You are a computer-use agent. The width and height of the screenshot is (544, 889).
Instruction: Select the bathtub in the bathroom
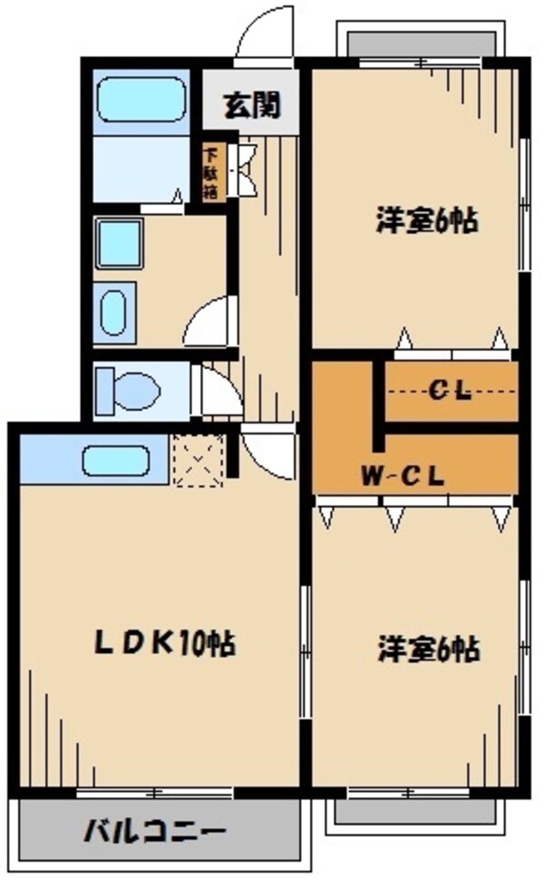(141, 101)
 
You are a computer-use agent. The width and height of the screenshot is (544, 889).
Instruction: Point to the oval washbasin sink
(113, 313)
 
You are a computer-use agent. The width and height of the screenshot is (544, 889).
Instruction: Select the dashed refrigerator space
(198, 461)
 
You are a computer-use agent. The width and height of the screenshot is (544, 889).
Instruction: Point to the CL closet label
(450, 392)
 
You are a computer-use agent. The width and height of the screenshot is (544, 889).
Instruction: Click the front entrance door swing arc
(266, 36)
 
